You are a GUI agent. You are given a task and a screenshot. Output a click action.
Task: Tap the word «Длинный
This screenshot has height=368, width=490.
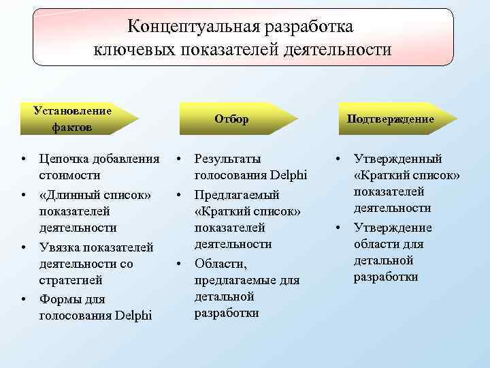pyautogui.click(x=69, y=194)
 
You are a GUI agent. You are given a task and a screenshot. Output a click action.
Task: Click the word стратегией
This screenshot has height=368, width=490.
pyautogui.click(x=71, y=280)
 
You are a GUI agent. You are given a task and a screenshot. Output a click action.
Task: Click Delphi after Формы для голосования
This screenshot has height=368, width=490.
pyautogui.click(x=134, y=316)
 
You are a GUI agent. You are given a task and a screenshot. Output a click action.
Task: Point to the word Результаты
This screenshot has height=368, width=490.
pyautogui.click(x=227, y=159)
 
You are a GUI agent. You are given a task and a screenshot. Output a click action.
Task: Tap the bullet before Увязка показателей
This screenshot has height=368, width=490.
pyautogui.click(x=23, y=247)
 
